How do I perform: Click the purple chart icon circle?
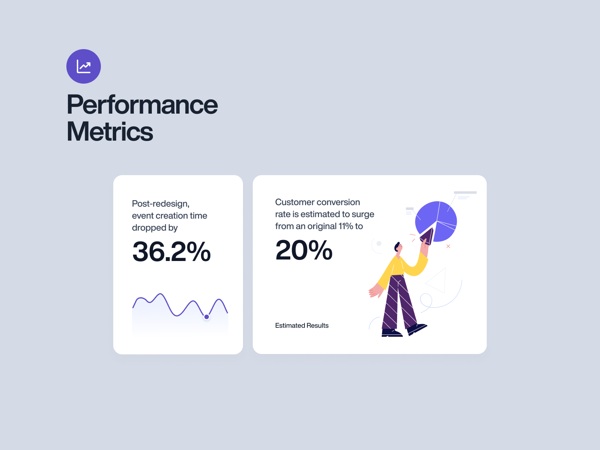83,66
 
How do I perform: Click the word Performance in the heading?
142,105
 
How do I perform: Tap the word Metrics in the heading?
109,132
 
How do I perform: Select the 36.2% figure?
171,251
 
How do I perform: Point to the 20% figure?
304,250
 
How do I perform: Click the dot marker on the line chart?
207,317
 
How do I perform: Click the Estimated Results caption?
302,325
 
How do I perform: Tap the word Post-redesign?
161,204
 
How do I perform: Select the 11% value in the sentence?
345,226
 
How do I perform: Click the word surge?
363,214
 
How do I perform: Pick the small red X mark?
448,246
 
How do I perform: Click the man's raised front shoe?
416,329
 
